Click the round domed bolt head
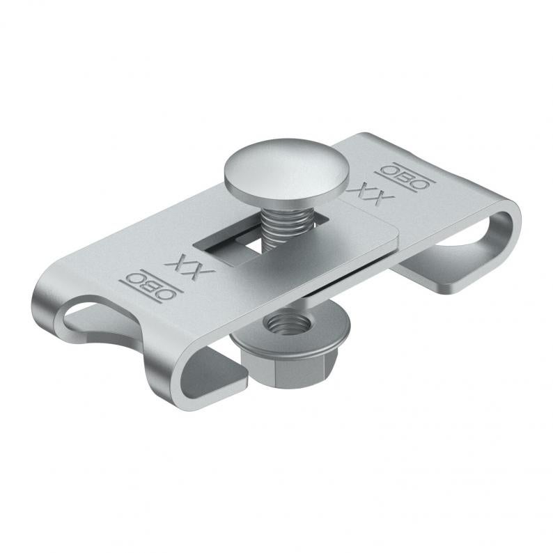[x=286, y=172]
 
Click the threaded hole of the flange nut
[x=288, y=324]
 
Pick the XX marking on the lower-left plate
[x=189, y=265]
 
